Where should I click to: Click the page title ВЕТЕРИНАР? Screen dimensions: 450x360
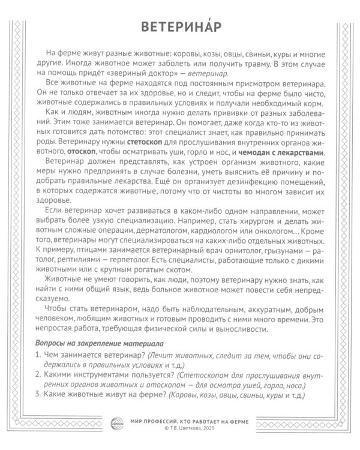pos(179,26)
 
